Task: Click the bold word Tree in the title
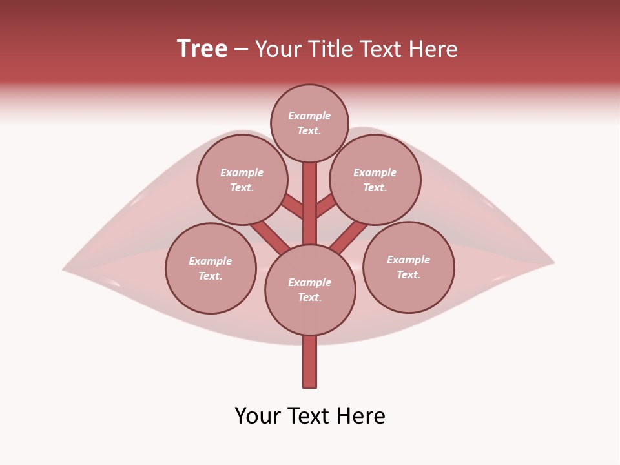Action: [x=202, y=49]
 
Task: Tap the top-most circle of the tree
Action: [x=309, y=123]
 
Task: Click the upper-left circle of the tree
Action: [x=242, y=180]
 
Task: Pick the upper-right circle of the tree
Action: [x=375, y=180]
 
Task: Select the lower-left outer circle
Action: [x=211, y=269]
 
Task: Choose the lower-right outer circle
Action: [x=408, y=267]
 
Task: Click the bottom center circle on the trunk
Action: [x=310, y=290]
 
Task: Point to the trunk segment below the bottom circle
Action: [x=310, y=362]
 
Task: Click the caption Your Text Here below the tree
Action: [x=310, y=416]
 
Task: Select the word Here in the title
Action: [x=436, y=49]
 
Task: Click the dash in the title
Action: [x=241, y=49]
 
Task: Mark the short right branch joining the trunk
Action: [x=326, y=206]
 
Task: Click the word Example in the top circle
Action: [x=309, y=116]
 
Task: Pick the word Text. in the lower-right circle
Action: [x=408, y=274]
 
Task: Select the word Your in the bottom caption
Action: [x=258, y=416]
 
